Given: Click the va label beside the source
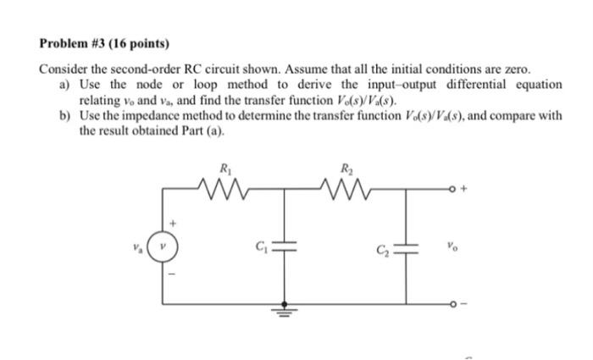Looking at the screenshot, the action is tap(136, 250).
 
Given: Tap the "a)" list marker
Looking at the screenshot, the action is tap(65, 85).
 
